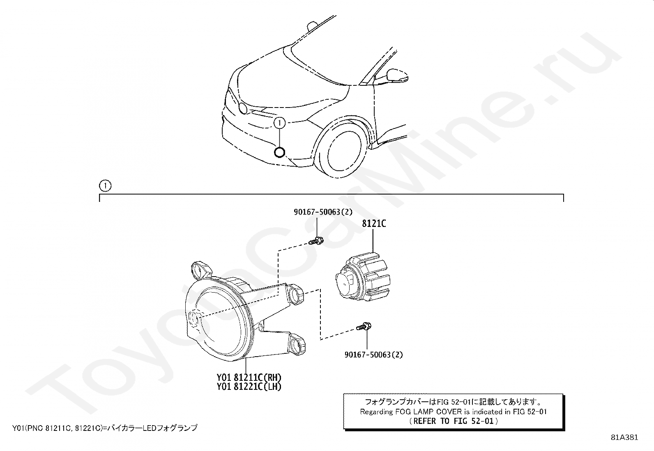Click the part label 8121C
pos(374,224)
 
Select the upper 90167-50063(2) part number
pos(323,212)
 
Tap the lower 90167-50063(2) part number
pos(374,355)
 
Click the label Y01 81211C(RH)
pos(249,378)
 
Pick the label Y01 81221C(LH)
pos(249,387)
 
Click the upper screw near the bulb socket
pos(316,241)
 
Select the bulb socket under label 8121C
pos(363,277)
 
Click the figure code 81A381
pos(624,437)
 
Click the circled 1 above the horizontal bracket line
pos(105,185)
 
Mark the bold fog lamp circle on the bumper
pos(279,152)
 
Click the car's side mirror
pos(397,76)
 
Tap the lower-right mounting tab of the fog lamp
pos(297,344)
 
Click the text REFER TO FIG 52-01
pos(453,421)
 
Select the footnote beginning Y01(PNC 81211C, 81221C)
pos(105,428)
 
